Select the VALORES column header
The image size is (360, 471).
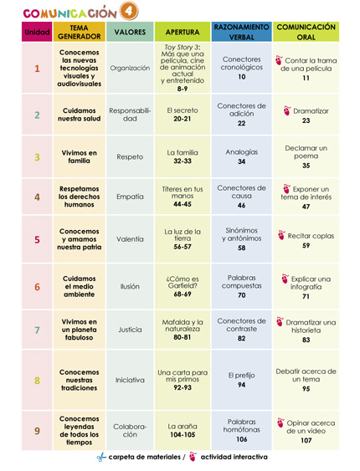tap(130, 32)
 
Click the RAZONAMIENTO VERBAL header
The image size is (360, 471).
tap(241, 32)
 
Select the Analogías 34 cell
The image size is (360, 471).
tap(241, 156)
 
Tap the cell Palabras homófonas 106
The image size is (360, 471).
tap(241, 430)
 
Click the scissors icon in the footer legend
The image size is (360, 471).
tap(100, 457)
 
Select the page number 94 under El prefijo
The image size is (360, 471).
tap(241, 386)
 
